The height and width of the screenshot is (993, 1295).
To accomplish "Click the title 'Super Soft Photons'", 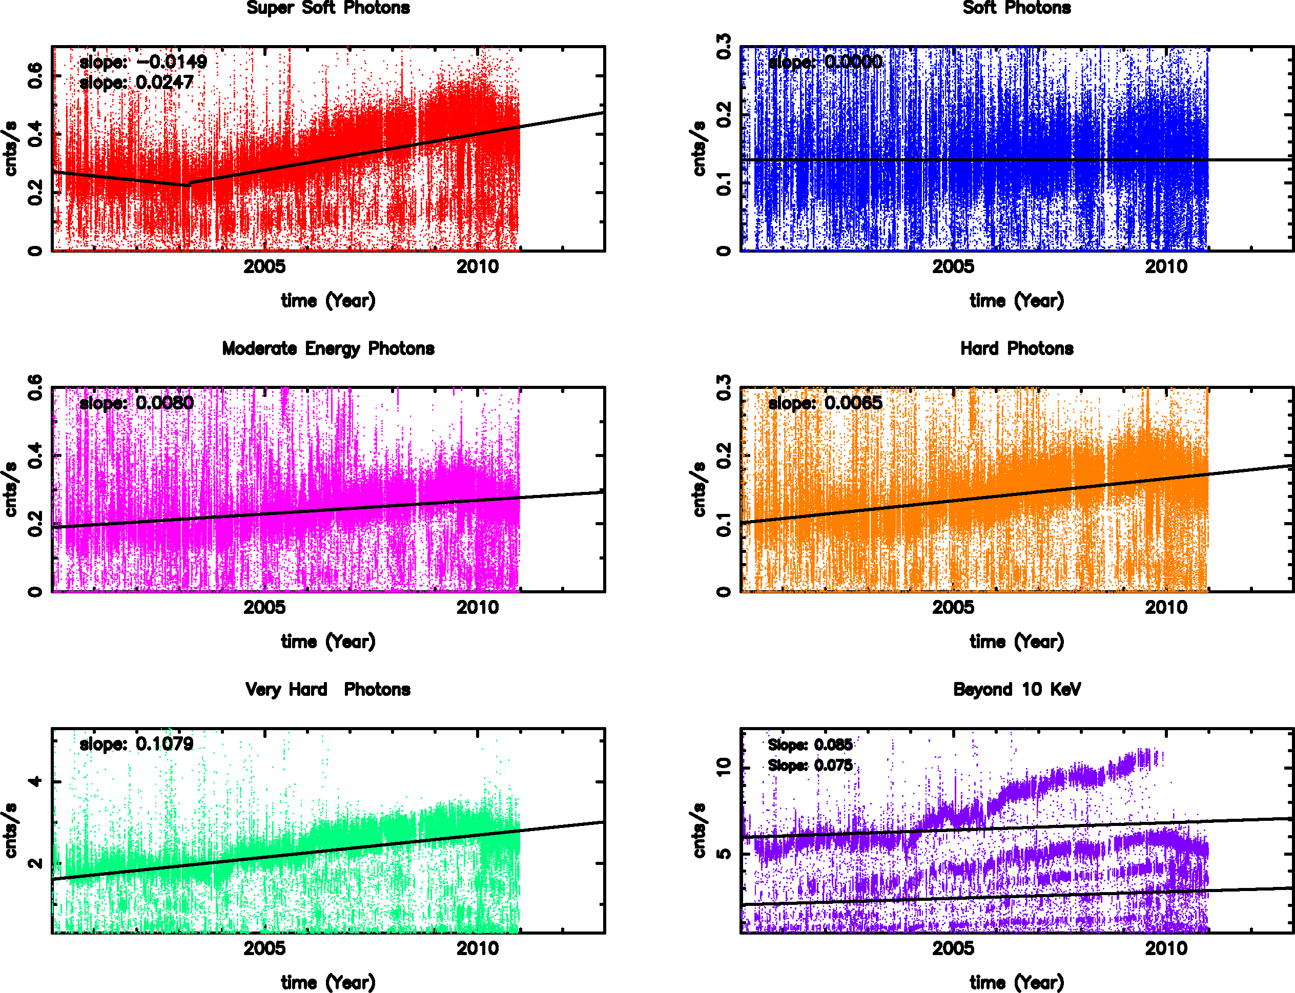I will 328,8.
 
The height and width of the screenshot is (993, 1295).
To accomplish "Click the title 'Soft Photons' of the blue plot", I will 1017,8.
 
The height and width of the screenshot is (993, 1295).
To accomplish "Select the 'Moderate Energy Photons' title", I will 328,349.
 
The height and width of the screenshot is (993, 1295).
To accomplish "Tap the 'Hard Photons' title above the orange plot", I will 1017,349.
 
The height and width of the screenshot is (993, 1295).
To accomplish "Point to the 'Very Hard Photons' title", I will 328,690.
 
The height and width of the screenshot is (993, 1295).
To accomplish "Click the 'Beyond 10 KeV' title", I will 1017,690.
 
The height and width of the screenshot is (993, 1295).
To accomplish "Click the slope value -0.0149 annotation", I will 143,62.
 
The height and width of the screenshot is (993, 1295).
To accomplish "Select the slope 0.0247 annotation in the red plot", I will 136,83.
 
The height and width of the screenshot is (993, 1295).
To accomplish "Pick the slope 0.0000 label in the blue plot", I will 825,62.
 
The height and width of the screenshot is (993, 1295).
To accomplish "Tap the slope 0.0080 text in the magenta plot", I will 136,403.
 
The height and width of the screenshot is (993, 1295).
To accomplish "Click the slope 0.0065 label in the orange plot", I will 825,403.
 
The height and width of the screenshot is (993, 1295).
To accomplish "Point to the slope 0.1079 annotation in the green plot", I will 136,744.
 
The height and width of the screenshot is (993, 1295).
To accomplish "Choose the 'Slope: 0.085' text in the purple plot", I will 810,745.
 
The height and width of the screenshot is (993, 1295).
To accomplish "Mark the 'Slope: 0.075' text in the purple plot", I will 810,766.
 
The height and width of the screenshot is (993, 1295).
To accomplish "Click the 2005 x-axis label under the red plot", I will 264,267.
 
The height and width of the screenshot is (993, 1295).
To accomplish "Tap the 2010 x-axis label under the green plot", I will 477,948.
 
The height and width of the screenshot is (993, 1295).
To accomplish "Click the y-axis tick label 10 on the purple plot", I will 724,767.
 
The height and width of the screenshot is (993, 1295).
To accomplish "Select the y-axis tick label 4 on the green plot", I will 35,781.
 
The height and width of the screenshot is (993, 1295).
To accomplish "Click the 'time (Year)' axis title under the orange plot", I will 1017,642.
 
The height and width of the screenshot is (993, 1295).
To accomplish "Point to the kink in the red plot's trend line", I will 189,184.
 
